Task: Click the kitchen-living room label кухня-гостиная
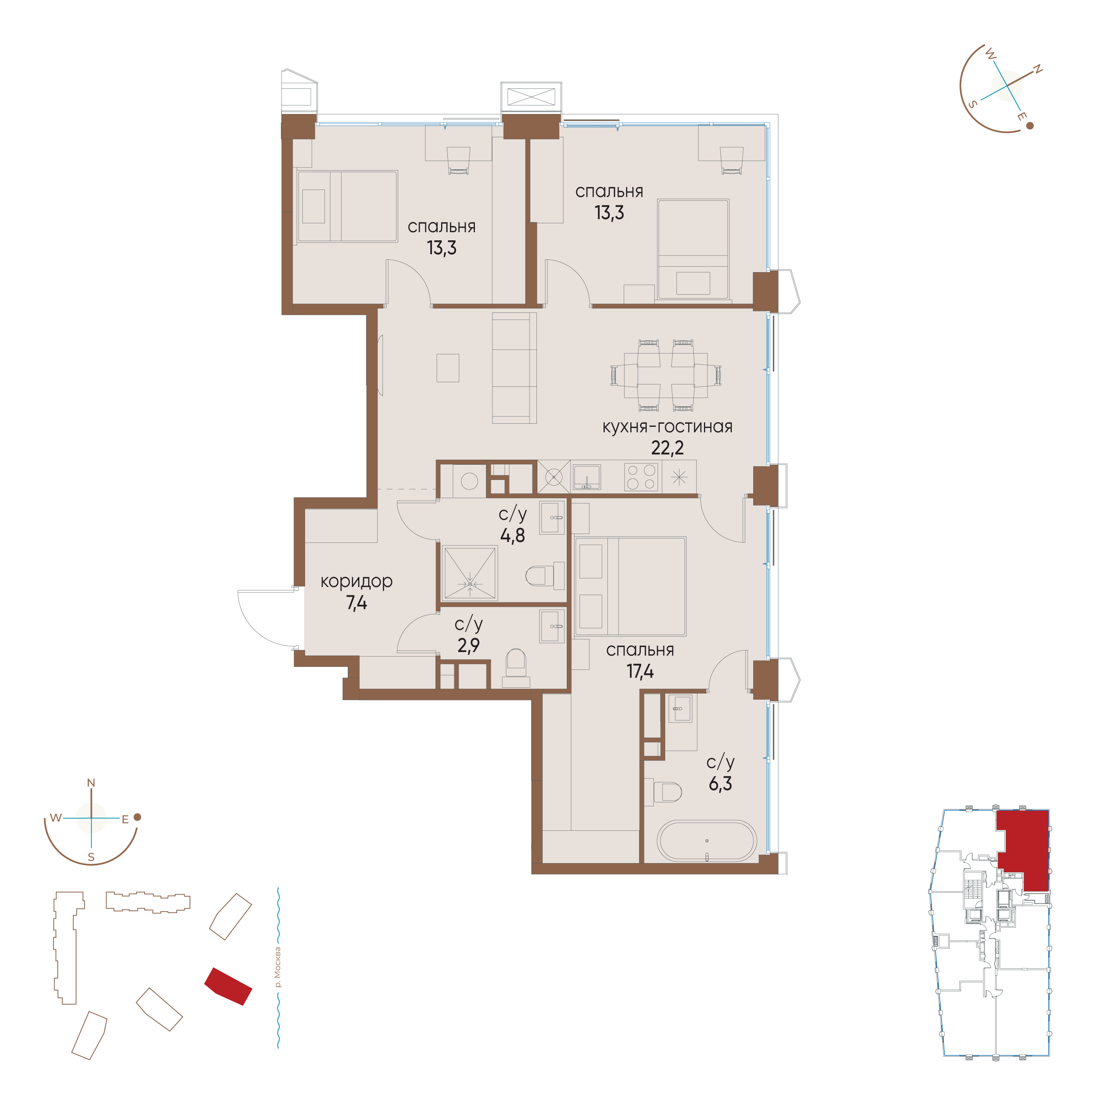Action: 667,427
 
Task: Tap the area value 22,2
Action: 667,448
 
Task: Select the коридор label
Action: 356,581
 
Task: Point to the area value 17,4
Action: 640,672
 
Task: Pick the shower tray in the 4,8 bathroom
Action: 470,573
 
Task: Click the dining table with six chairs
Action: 666,375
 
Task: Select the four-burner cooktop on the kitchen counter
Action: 641,477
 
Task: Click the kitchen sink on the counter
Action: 587,477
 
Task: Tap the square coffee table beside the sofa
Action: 448,368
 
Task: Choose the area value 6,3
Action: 720,784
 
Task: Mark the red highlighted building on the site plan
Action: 228,986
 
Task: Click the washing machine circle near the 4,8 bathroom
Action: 469,481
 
